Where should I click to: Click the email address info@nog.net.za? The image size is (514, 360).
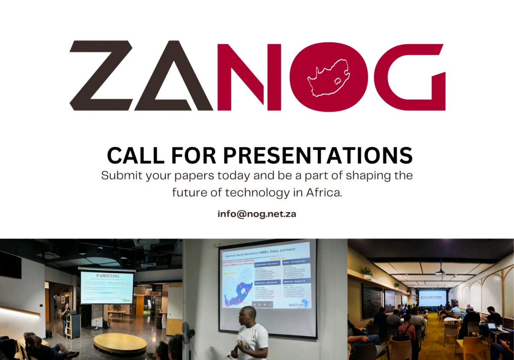coord(257,214)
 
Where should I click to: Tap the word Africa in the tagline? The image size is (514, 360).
coord(324,193)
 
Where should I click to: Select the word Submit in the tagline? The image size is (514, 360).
coord(120,176)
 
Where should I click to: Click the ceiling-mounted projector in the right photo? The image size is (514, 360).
coord(440,274)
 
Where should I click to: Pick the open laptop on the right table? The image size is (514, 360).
coord(493,327)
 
